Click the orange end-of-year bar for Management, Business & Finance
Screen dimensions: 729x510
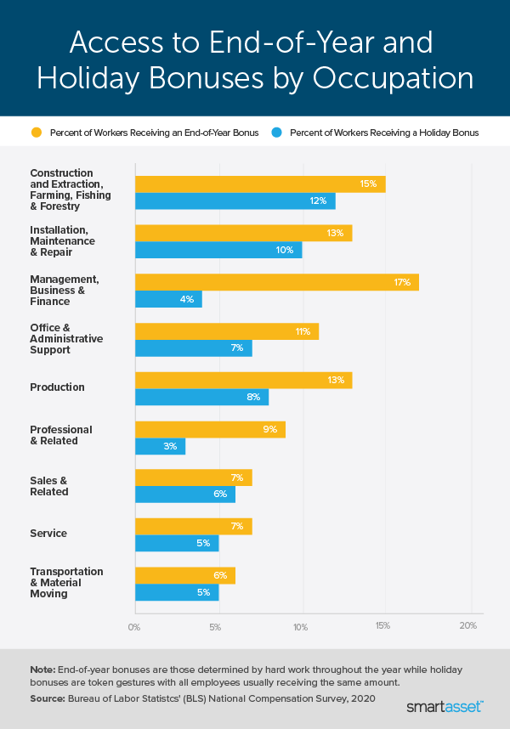click(x=276, y=281)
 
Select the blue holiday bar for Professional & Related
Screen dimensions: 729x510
click(x=160, y=446)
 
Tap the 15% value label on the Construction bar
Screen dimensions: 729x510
click(x=367, y=184)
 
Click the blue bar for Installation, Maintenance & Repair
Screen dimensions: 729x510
click(x=218, y=250)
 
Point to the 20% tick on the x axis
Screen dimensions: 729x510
click(x=467, y=626)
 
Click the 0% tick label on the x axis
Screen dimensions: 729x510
click(x=134, y=626)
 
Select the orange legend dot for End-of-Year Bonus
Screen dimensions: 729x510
click(x=36, y=133)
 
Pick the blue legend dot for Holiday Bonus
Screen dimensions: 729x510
click(x=276, y=133)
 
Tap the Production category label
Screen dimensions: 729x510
click(x=57, y=387)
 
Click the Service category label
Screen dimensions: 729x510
click(x=48, y=534)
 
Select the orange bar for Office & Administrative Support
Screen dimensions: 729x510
click(x=226, y=331)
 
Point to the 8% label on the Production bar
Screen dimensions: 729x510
click(x=253, y=397)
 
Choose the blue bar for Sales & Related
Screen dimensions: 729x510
click(x=184, y=494)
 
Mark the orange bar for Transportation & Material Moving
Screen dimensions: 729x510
click(x=184, y=575)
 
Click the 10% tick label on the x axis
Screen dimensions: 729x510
click(x=301, y=626)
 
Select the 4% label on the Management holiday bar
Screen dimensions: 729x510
click(x=186, y=299)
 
